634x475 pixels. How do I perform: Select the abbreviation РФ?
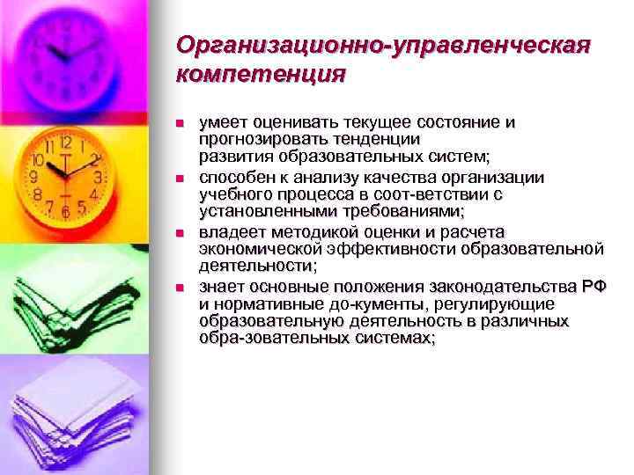pyautogui.click(x=593, y=288)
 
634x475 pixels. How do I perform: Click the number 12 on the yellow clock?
pyautogui.click(x=65, y=142)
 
